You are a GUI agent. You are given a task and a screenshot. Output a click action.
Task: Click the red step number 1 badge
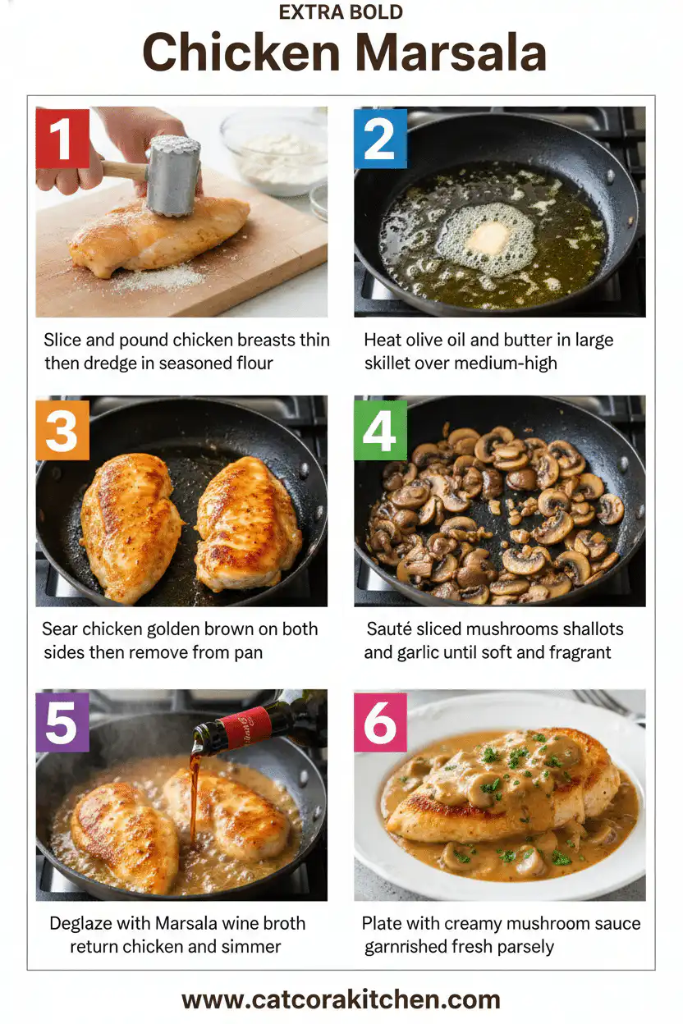pos(62,138)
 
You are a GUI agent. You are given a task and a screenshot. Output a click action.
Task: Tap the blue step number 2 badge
pos(380,138)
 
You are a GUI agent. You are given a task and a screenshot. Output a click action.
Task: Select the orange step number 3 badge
pos(62,428)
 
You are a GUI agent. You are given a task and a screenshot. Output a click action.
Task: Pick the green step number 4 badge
pos(380,428)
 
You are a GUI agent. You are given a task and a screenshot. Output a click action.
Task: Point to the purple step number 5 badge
pos(62,723)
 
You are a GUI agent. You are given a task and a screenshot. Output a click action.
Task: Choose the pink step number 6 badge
pos(380,723)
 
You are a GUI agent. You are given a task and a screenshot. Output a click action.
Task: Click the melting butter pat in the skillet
pos(488,238)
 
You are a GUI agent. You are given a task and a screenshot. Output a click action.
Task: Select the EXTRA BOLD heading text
pos(341,13)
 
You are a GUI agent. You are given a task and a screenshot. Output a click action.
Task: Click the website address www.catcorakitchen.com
pos(341,999)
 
